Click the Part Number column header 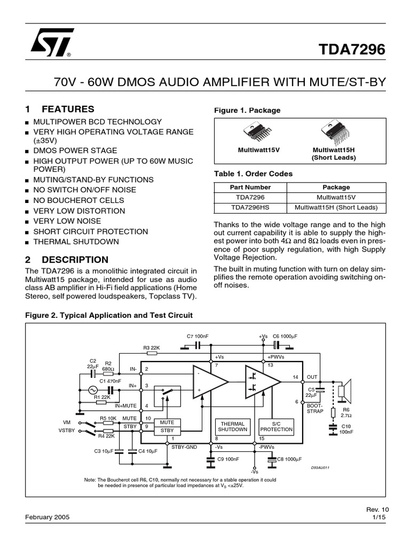coord(250,187)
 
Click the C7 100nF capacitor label coord(198,336)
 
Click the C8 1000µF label coord(288,459)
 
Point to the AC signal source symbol coord(100,390)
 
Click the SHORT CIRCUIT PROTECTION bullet coord(91,231)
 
